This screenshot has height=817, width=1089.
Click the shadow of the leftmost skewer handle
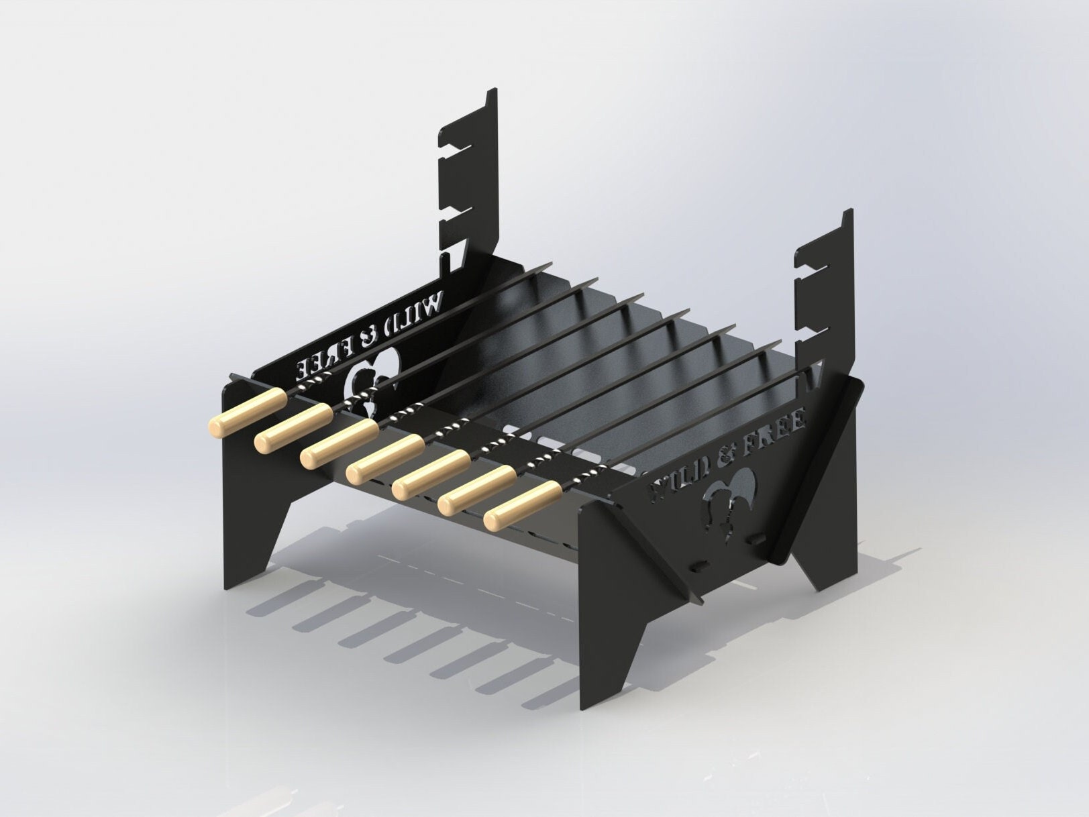click(x=268, y=604)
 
